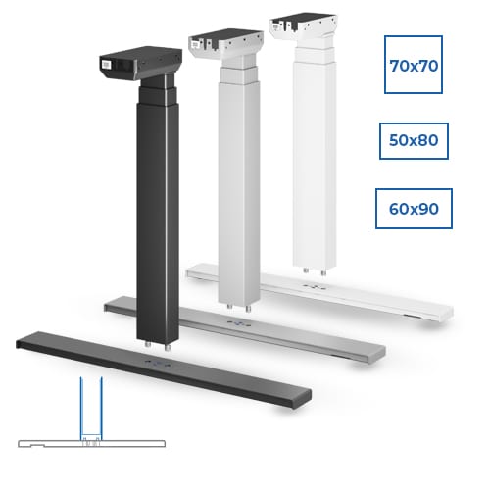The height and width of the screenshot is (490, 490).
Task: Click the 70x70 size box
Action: [414, 65]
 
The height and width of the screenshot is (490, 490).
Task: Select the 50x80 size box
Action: [414, 141]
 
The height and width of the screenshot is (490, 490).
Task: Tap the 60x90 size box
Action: [414, 209]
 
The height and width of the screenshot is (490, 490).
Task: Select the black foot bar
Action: [164, 369]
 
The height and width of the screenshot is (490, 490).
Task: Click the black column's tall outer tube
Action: [158, 222]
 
